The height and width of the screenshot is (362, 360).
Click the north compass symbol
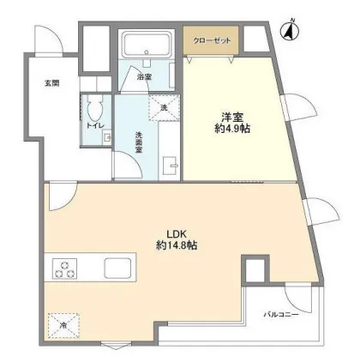pos(291,30)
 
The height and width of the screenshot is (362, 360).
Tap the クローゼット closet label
pos(212,40)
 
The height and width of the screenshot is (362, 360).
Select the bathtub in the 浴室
pos(147,44)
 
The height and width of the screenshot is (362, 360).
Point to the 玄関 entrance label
pos(51,83)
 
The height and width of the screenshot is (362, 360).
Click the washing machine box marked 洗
pos(164,107)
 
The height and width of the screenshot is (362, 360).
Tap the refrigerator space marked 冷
pos(63,326)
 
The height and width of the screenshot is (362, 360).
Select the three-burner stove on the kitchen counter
pos(64,268)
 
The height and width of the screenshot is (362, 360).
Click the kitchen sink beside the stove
pos(117,268)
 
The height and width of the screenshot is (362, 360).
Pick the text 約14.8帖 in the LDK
pos(177,245)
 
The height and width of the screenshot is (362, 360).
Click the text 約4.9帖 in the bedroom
pos(232,129)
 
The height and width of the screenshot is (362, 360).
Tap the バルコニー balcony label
pos(281,315)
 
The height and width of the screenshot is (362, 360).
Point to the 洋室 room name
pos(232,118)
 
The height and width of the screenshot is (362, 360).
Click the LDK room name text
pos(177,234)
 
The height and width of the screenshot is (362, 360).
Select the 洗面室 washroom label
pos(139,142)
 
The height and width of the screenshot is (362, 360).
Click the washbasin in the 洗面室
pos(171,166)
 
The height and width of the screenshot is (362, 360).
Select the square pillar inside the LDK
pos(255,269)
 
